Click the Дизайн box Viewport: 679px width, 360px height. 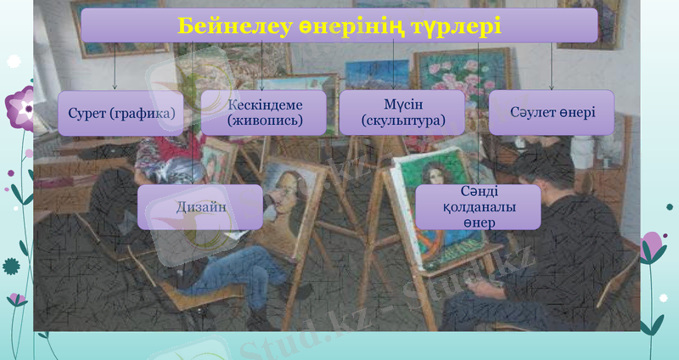[x=199, y=208]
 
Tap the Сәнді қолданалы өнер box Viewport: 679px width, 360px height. [x=478, y=207]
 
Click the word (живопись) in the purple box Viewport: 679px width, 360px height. [x=265, y=121]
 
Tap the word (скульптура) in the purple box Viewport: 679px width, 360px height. [x=402, y=121]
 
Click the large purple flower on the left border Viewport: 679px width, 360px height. [x=19, y=106]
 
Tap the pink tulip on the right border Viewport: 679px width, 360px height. [x=652, y=246]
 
